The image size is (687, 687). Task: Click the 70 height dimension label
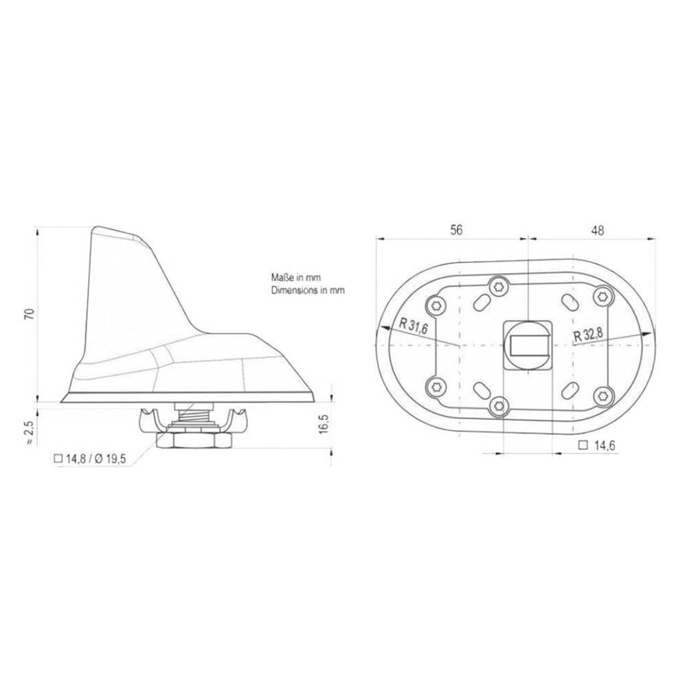tap(29, 314)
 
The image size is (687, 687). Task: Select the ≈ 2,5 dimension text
tap(30, 432)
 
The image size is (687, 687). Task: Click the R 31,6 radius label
tap(414, 328)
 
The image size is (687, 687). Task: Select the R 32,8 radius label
tap(589, 335)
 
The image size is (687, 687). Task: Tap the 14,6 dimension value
tap(604, 446)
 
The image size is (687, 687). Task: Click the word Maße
tap(282, 278)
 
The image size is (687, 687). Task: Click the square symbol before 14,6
tap(583, 446)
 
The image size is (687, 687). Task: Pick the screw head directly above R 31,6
tap(434, 304)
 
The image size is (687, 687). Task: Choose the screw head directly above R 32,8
tap(602, 296)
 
